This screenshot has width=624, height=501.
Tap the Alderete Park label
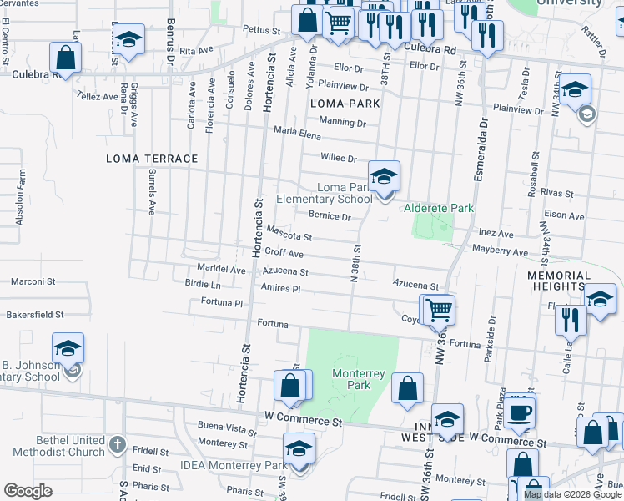(438, 207)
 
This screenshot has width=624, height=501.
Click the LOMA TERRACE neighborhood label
(152, 159)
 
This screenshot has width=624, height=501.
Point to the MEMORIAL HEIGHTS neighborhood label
(559, 281)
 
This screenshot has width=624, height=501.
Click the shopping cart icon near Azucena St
(437, 310)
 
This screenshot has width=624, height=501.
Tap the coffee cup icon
(519, 412)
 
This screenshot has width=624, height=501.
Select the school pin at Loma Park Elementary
(385, 177)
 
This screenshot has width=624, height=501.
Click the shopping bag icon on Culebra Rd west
(66, 58)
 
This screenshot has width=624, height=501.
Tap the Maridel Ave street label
(221, 271)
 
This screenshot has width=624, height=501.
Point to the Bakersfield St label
(35, 316)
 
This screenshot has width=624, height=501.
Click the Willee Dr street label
(339, 158)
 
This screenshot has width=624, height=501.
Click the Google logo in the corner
(28, 490)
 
